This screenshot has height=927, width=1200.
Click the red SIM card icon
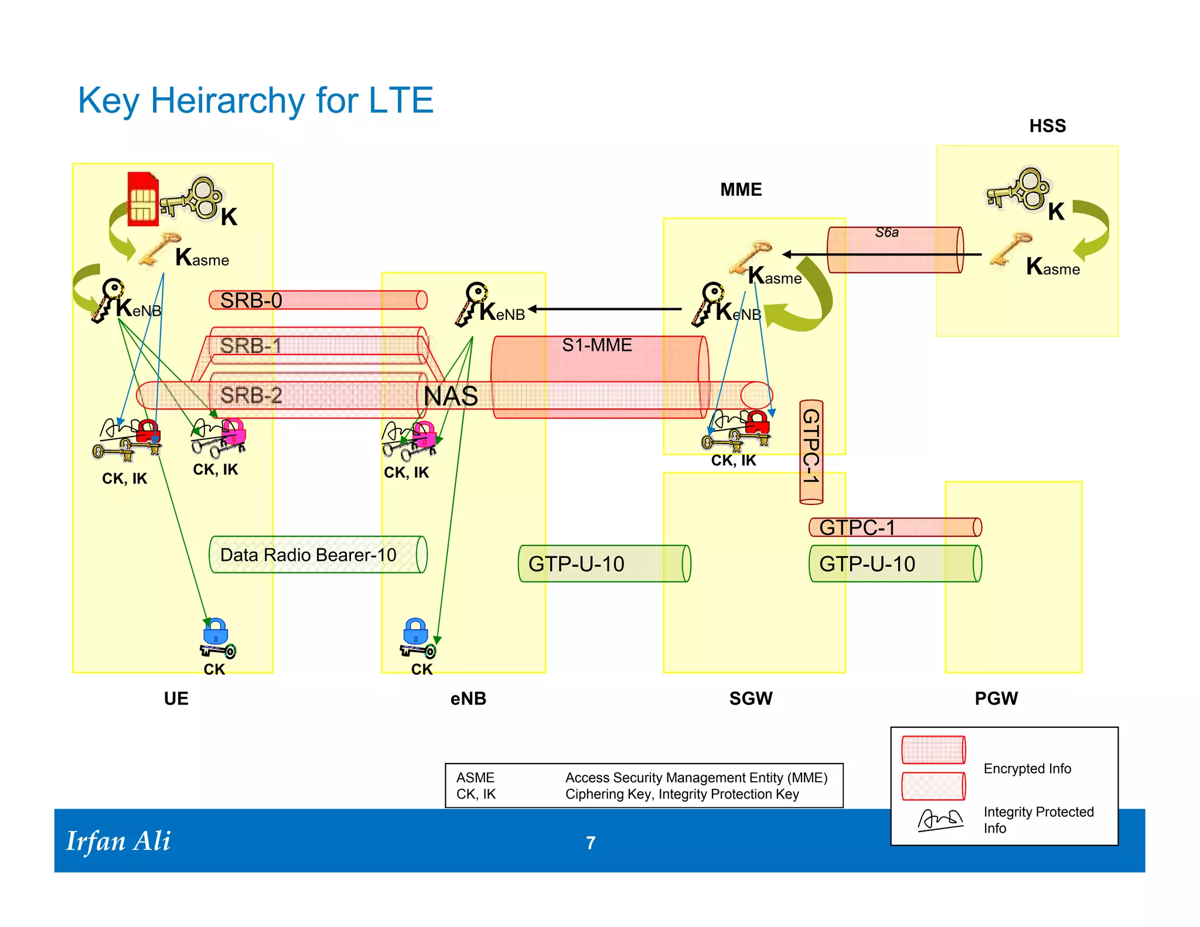[x=143, y=199]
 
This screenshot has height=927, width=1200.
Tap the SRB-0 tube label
[x=251, y=301]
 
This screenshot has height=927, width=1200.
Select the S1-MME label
[x=596, y=345]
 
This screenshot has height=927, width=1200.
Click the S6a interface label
[x=887, y=233]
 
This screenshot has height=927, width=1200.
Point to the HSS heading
[x=1047, y=126]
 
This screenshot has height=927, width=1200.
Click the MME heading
[x=741, y=190]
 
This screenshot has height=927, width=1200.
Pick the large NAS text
[x=451, y=397]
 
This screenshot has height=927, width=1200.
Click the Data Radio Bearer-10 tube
[x=317, y=554]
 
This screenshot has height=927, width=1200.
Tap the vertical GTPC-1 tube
[x=811, y=452]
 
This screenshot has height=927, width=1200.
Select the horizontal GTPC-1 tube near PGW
[x=894, y=527]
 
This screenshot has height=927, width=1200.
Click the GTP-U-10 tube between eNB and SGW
[x=604, y=564]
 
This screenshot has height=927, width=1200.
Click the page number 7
[x=591, y=843]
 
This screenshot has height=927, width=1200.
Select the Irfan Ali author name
[x=118, y=841]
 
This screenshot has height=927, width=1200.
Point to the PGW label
[x=996, y=698]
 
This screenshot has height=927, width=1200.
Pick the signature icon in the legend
[x=940, y=820]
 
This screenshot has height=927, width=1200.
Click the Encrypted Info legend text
[x=1027, y=769]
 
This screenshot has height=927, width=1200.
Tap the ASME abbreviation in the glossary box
[x=475, y=778]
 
